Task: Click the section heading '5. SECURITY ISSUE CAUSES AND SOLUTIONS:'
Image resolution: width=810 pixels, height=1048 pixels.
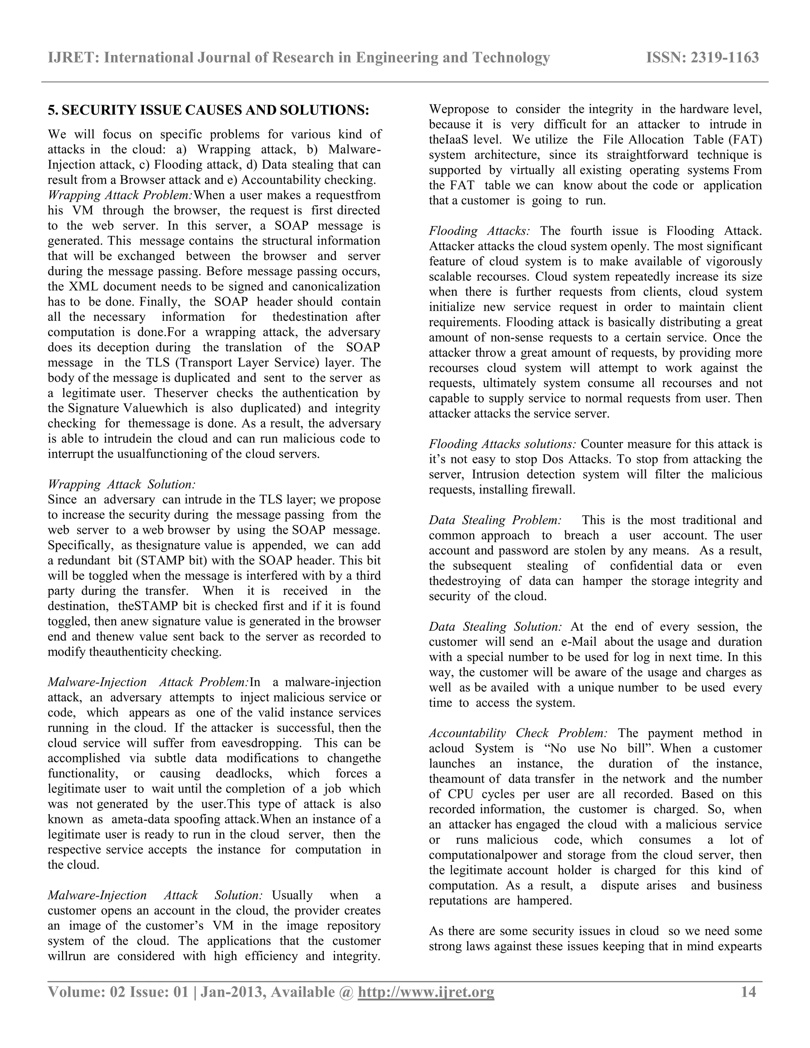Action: click(208, 110)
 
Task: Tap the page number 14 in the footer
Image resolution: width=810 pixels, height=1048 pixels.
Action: click(749, 992)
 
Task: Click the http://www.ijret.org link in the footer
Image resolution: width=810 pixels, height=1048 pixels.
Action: click(426, 992)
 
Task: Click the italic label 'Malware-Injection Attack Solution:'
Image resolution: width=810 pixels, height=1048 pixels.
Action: click(155, 895)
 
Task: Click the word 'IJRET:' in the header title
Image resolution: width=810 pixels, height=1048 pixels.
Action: click(74, 58)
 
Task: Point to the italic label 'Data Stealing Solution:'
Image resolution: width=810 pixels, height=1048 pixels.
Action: click(495, 627)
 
